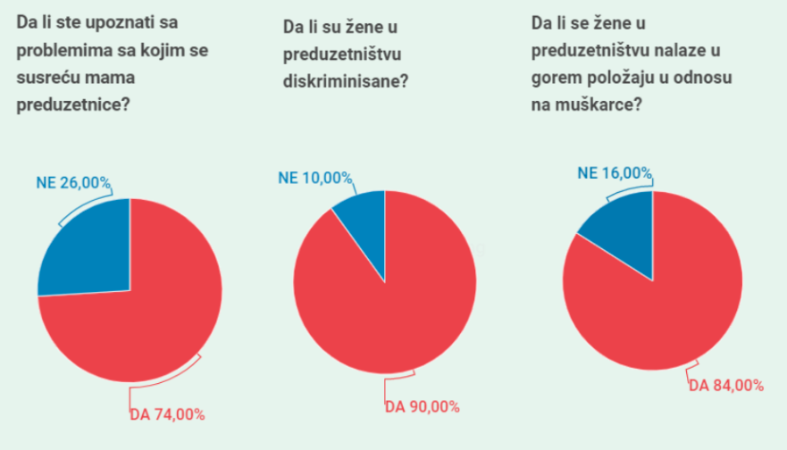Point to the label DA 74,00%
click(167, 414)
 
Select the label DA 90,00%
click(422, 407)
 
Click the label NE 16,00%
click(615, 173)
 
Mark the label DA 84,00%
click(725, 386)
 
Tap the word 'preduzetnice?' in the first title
click(73, 104)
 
